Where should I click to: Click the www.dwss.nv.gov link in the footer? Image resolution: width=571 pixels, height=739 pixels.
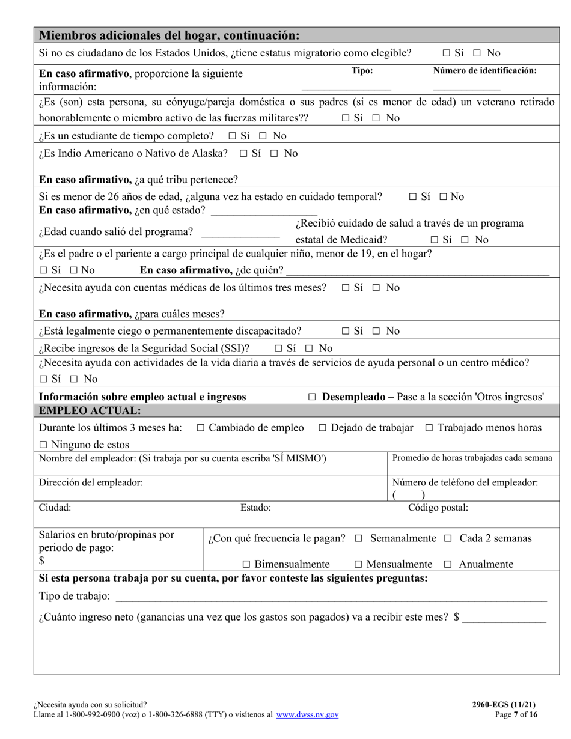click(x=307, y=715)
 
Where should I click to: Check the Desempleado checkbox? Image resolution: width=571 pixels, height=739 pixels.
click(x=312, y=397)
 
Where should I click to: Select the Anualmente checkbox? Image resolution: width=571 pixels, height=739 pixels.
click(x=447, y=565)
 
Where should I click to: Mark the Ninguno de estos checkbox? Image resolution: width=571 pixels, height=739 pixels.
click(x=43, y=445)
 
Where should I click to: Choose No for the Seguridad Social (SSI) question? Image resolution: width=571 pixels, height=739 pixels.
click(x=309, y=348)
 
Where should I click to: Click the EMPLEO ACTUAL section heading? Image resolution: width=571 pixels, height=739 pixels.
click(x=90, y=411)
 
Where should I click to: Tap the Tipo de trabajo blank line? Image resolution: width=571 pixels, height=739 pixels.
click(x=331, y=598)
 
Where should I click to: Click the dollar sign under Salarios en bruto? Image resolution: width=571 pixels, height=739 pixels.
click(x=42, y=561)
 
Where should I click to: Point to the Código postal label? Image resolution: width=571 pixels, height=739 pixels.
click(x=438, y=508)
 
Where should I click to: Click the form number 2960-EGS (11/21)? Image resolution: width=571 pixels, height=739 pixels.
click(x=504, y=705)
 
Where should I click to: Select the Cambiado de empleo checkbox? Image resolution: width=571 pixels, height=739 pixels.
click(x=201, y=428)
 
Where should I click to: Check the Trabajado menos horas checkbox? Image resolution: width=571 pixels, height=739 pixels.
click(x=429, y=428)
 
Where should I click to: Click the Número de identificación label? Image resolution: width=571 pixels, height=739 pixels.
click(x=484, y=71)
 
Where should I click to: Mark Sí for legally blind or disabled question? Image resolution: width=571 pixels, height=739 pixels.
click(x=346, y=332)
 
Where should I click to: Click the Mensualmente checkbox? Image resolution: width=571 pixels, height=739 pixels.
click(x=358, y=565)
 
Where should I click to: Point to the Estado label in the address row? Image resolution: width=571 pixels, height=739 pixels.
click(x=255, y=508)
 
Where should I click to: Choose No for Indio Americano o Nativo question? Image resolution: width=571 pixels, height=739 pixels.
click(x=274, y=154)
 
